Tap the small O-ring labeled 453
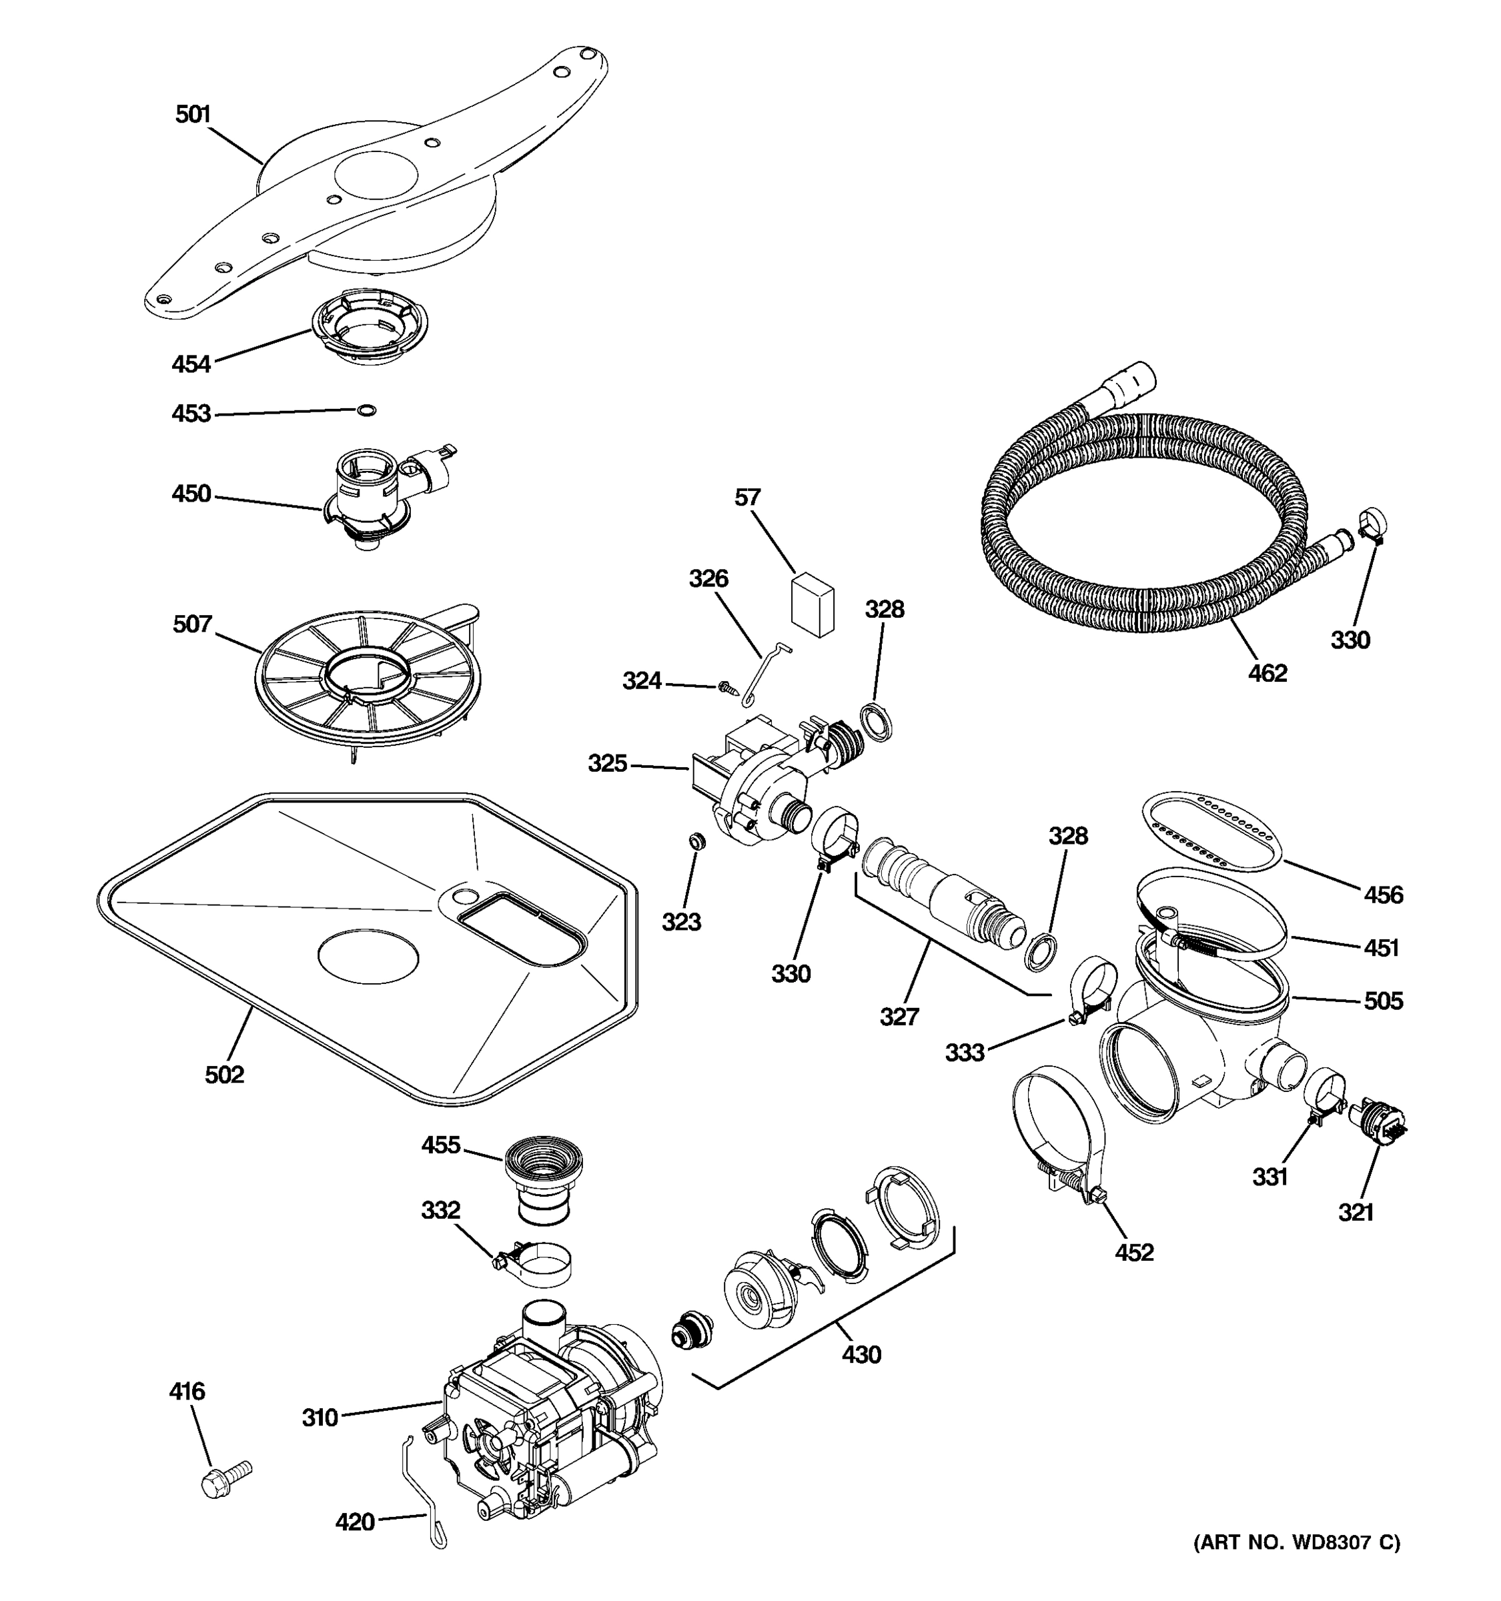tap(366, 411)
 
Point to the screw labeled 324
tap(728, 687)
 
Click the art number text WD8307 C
tap(1296, 1542)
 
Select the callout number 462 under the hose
tap(1268, 672)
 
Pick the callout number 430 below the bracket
tap(862, 1355)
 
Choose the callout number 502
tap(225, 1074)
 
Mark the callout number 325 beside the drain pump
tap(607, 762)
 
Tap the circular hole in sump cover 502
tap(369, 956)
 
